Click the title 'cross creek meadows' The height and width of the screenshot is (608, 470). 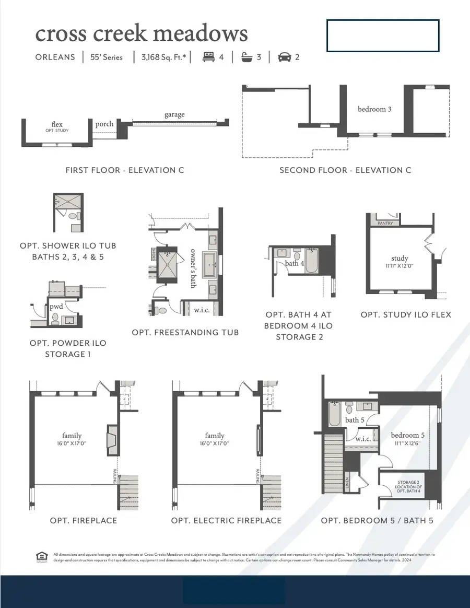click(141, 34)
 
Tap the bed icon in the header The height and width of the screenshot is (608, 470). click(208, 57)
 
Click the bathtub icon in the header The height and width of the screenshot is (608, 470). click(246, 57)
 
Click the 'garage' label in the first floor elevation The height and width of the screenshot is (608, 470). click(174, 114)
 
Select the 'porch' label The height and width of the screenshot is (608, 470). click(104, 124)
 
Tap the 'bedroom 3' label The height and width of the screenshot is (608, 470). click(374, 109)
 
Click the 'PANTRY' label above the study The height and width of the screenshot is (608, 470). click(385, 223)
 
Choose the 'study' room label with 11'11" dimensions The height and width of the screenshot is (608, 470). click(399, 258)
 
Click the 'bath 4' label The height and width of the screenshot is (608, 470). click(294, 263)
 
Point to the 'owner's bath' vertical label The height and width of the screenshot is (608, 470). click(193, 267)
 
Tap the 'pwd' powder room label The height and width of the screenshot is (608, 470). click(56, 307)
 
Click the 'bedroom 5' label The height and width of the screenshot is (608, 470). click(408, 435)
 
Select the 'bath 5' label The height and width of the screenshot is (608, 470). click(355, 420)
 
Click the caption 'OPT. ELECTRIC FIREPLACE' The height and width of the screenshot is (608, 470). click(226, 521)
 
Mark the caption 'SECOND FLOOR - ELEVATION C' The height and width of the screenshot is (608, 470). click(345, 170)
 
